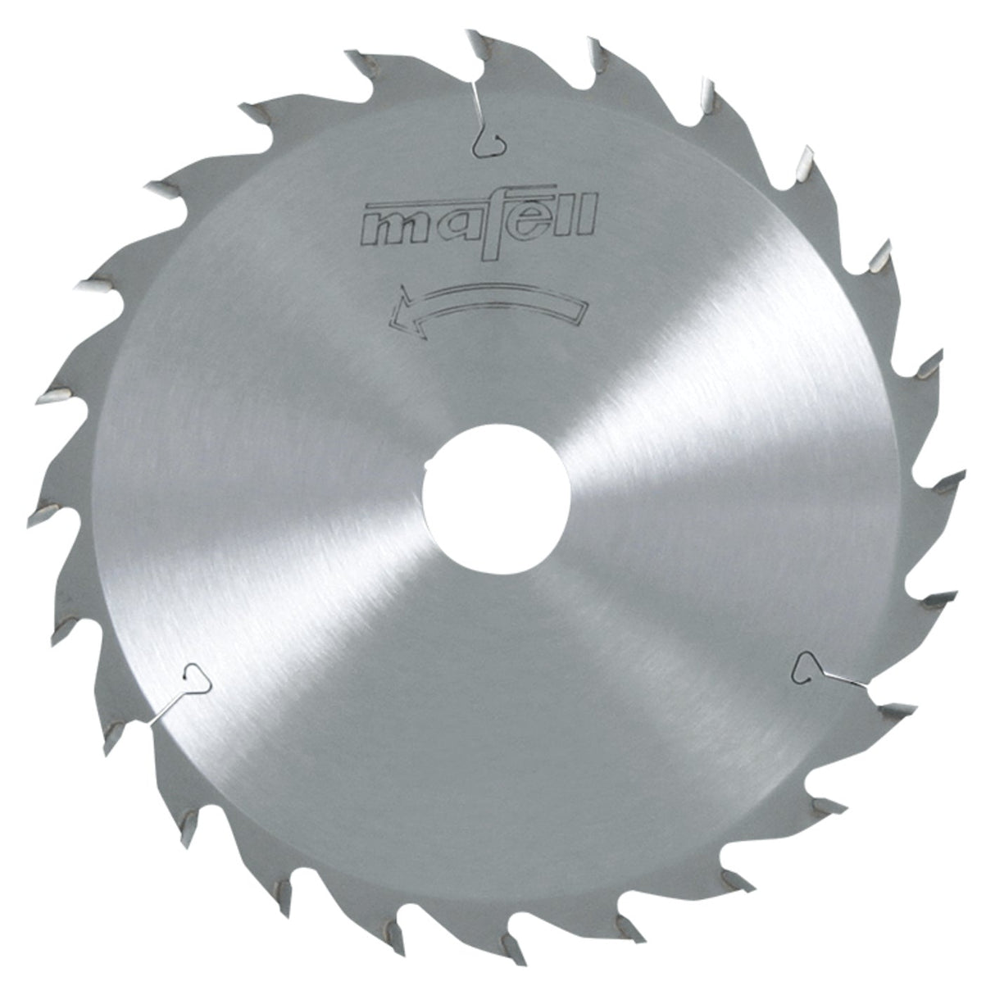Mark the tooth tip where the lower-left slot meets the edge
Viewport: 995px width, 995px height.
pyautogui.click(x=148, y=721)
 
